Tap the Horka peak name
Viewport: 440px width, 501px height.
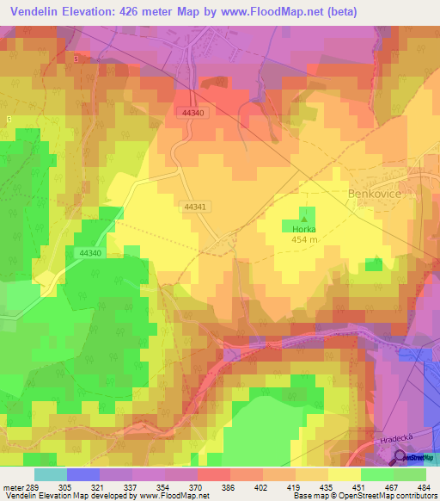(x=303, y=229)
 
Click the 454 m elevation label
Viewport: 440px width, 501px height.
(x=303, y=240)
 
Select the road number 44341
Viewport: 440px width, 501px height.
(x=194, y=207)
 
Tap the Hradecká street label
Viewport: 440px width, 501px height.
(x=394, y=440)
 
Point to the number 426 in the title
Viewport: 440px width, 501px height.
(x=144, y=10)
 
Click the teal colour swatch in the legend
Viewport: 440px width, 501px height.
(x=51, y=474)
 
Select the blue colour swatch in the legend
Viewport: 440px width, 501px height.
(x=83, y=474)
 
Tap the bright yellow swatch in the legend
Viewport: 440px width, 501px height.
(x=345, y=474)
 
